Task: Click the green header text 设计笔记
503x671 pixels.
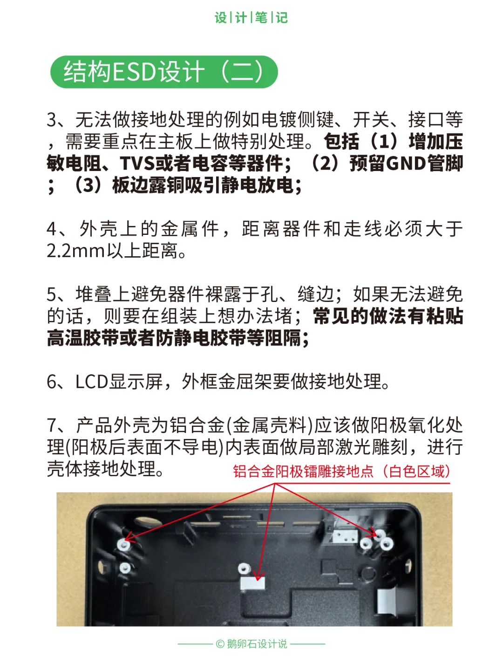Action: point(251,18)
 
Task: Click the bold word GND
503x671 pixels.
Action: point(406,163)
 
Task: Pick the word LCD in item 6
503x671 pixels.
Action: point(91,382)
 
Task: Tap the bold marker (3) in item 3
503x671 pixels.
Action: point(88,185)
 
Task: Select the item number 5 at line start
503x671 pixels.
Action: point(52,294)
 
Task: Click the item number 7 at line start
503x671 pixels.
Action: point(52,425)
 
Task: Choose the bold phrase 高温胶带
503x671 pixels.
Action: point(83,338)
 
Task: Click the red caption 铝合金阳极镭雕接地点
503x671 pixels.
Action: point(303,471)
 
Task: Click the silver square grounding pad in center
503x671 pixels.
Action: point(252,582)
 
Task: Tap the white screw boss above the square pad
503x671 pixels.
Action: point(244,568)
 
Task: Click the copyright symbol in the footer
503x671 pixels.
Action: point(220,644)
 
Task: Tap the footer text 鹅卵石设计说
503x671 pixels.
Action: point(257,644)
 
